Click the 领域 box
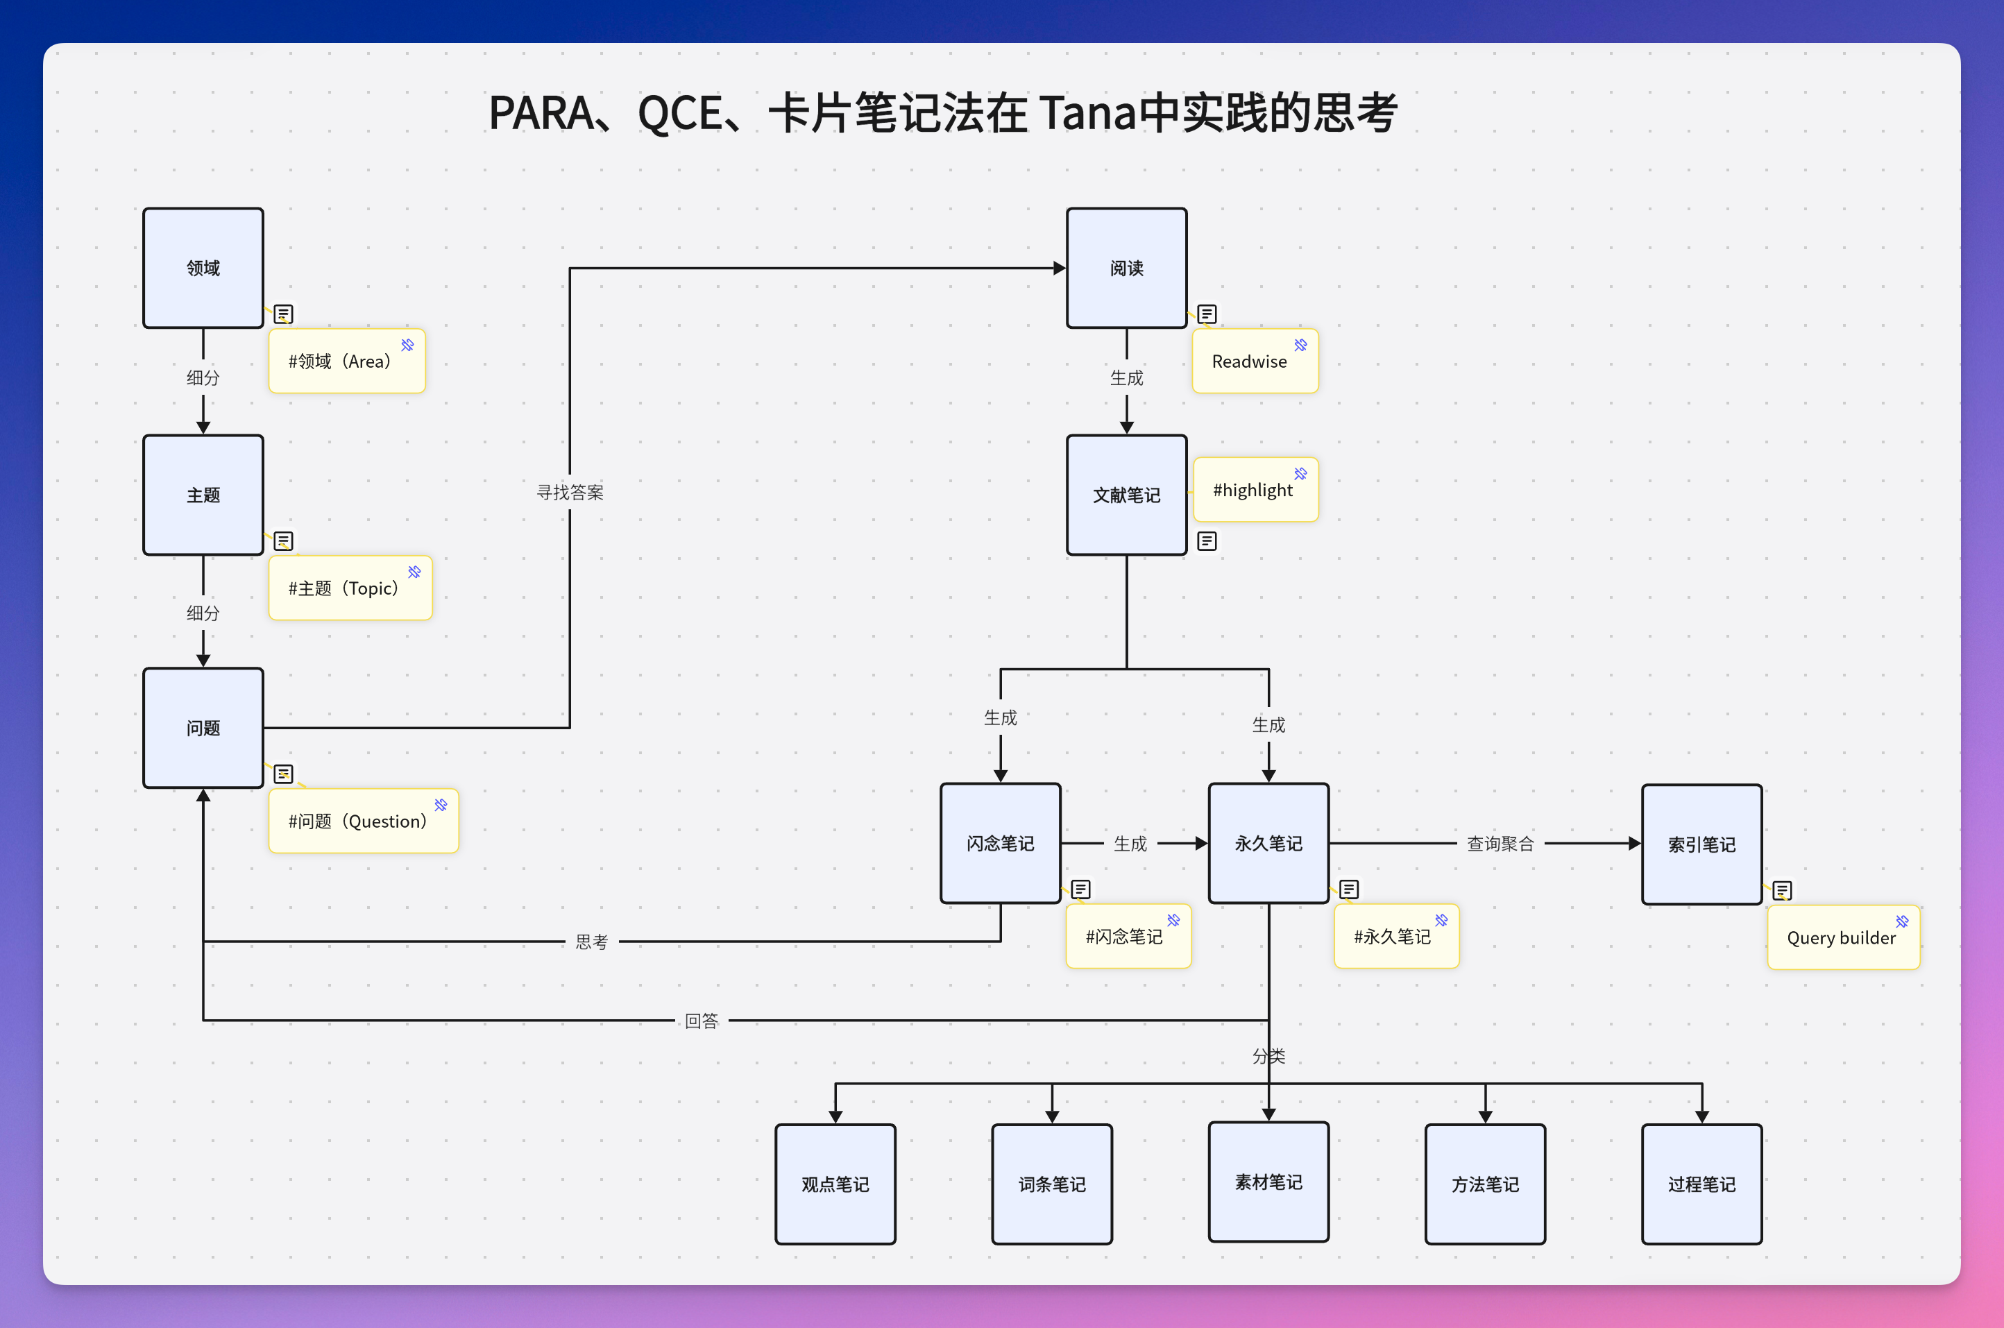[203, 268]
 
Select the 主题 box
[203, 495]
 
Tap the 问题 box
[203, 728]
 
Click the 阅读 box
[1126, 268]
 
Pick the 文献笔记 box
[1126, 495]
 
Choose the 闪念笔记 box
[1001, 843]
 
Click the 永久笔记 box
[1268, 843]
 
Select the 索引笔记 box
[1701, 844]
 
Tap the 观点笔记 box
[835, 1184]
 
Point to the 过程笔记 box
[1701, 1184]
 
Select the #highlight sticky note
[1255, 491]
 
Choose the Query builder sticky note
[1842, 937]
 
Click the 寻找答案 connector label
[570, 492]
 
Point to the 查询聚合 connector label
[1500, 844]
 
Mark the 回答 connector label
[702, 1021]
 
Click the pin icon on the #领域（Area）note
[407, 345]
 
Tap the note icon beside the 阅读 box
[1207, 314]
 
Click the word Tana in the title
[1087, 112]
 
